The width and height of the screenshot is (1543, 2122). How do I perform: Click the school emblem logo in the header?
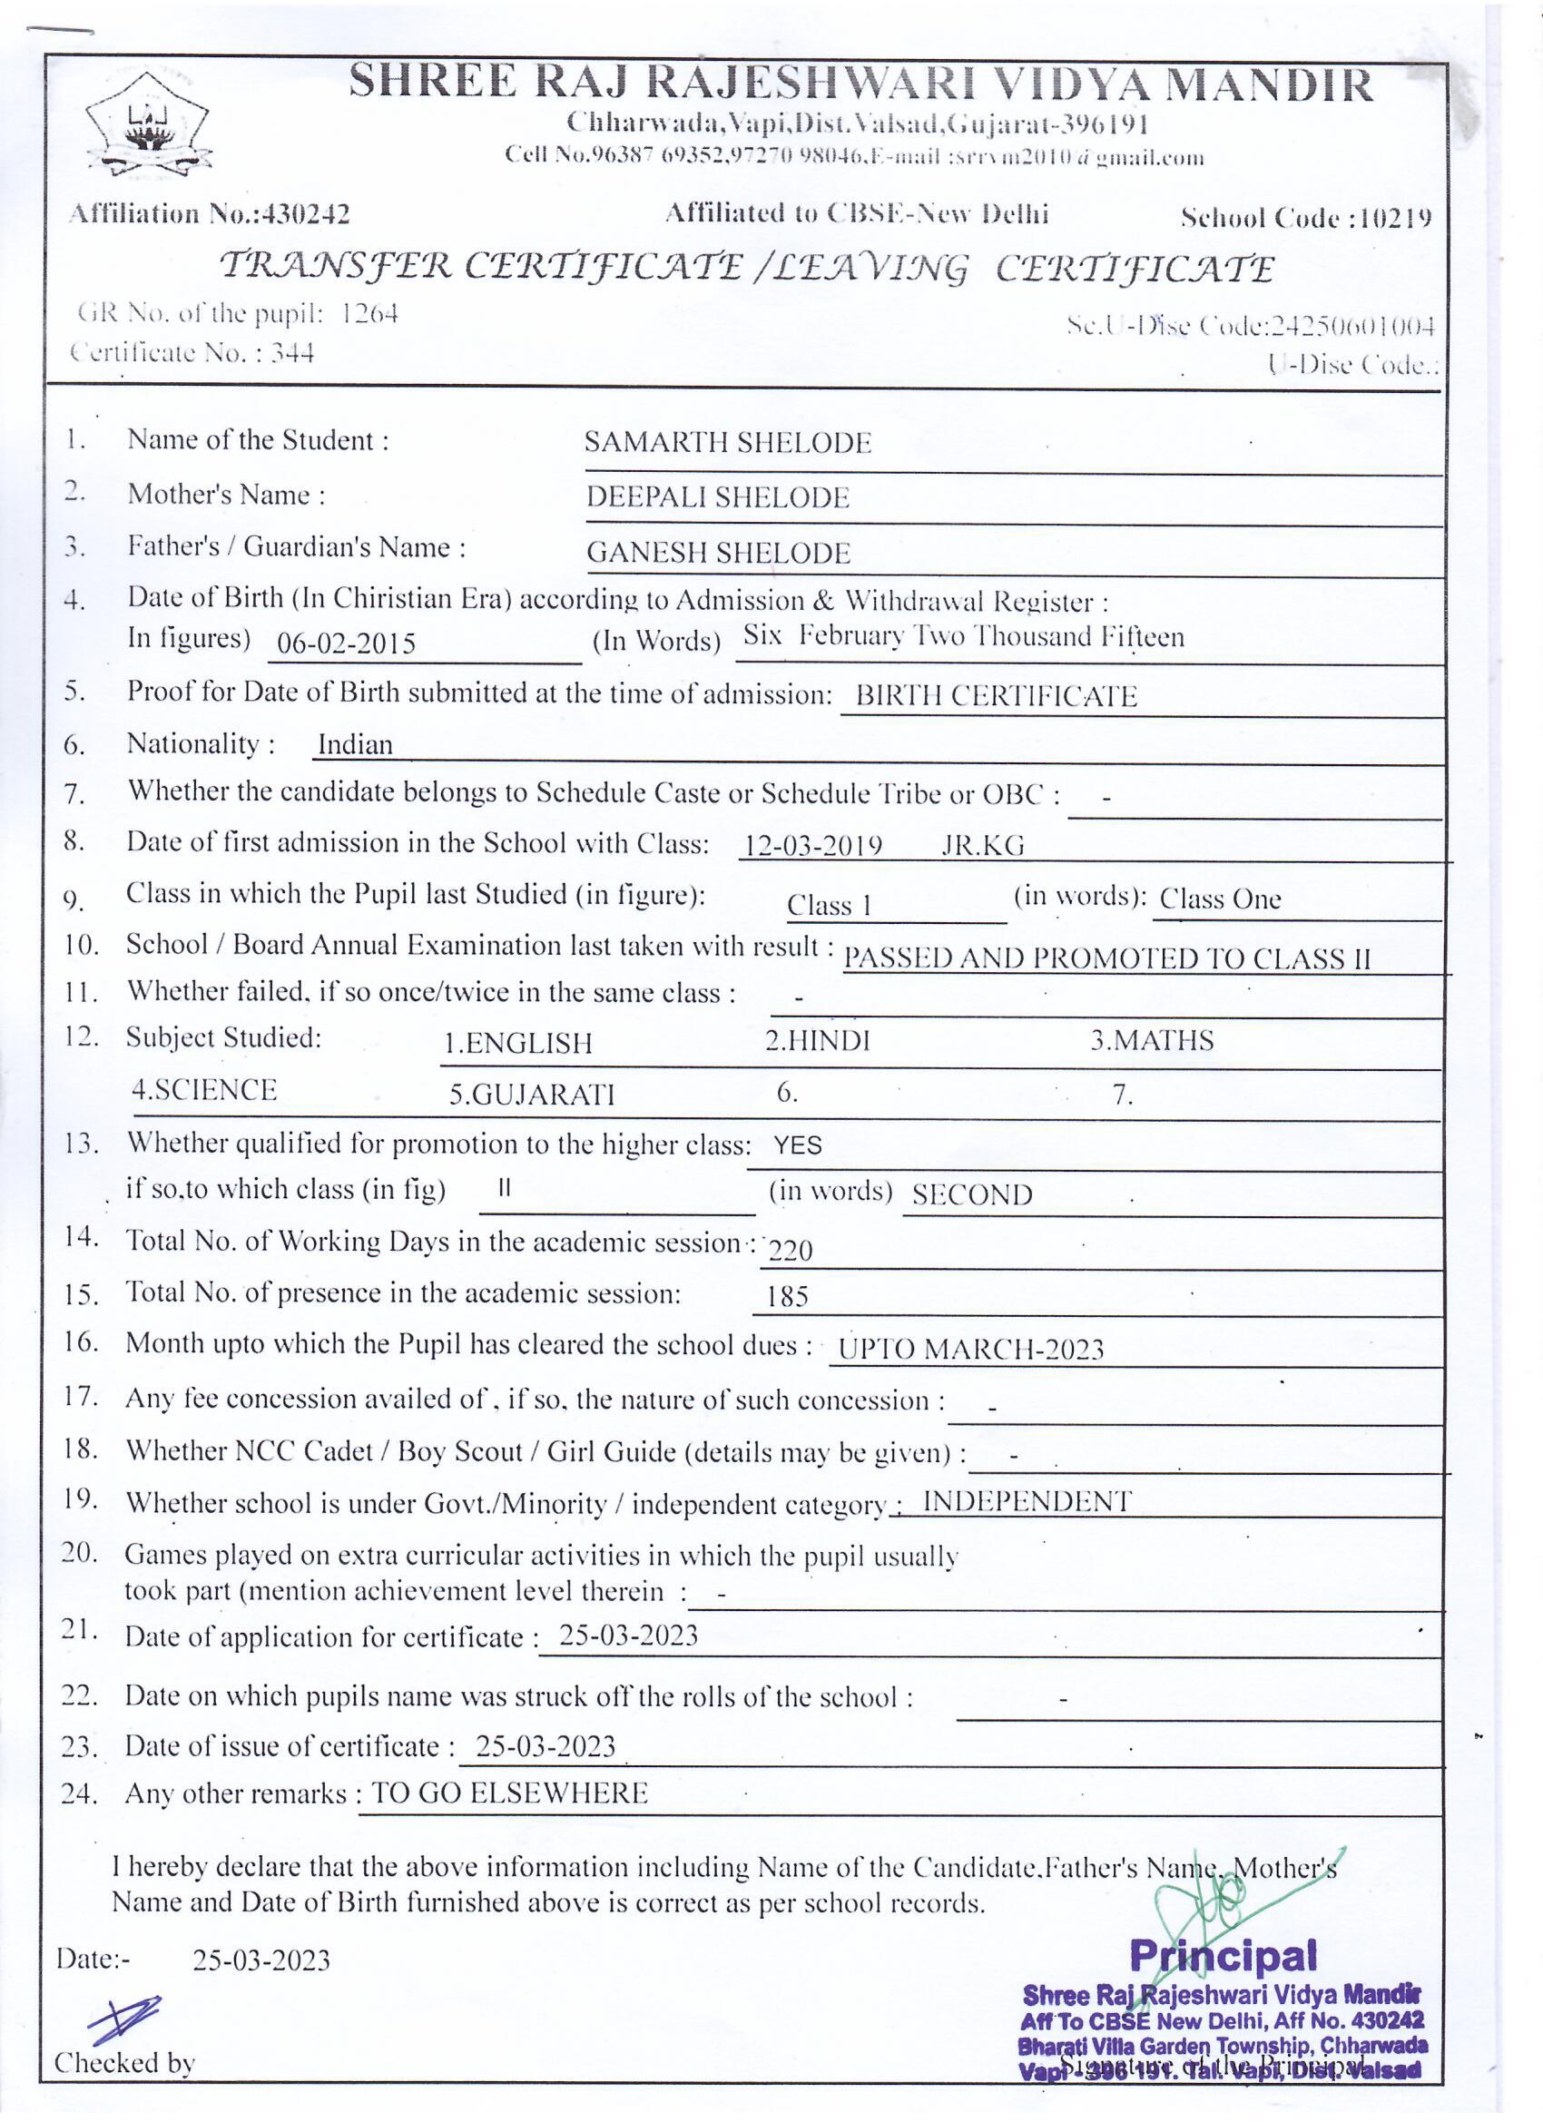pyautogui.click(x=147, y=124)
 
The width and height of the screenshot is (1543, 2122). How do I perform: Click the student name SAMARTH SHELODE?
pyautogui.click(x=727, y=443)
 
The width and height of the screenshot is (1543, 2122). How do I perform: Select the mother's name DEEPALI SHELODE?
pyautogui.click(x=717, y=497)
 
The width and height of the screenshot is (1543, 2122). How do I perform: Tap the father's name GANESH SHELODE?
pyautogui.click(x=718, y=553)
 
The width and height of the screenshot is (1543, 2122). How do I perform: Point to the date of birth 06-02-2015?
pyautogui.click(x=346, y=643)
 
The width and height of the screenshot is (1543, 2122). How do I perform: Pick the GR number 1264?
pyautogui.click(x=369, y=313)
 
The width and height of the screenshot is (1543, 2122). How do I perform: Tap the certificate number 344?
pyautogui.click(x=292, y=353)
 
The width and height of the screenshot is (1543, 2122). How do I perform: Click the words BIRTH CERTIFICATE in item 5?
pyautogui.click(x=996, y=697)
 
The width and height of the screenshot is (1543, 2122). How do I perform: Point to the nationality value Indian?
pyautogui.click(x=355, y=745)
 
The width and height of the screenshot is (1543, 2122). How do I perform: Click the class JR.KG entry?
pyautogui.click(x=982, y=846)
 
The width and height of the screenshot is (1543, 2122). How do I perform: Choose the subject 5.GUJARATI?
pyautogui.click(x=532, y=1095)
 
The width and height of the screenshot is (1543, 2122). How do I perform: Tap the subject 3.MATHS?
pyautogui.click(x=1151, y=1040)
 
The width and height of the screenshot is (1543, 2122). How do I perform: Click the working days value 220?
pyautogui.click(x=790, y=1250)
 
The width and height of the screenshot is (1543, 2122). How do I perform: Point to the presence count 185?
pyautogui.click(x=787, y=1297)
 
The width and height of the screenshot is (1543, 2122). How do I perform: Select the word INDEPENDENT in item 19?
pyautogui.click(x=1027, y=1502)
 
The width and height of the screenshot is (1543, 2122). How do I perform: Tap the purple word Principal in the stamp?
pyautogui.click(x=1223, y=1954)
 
